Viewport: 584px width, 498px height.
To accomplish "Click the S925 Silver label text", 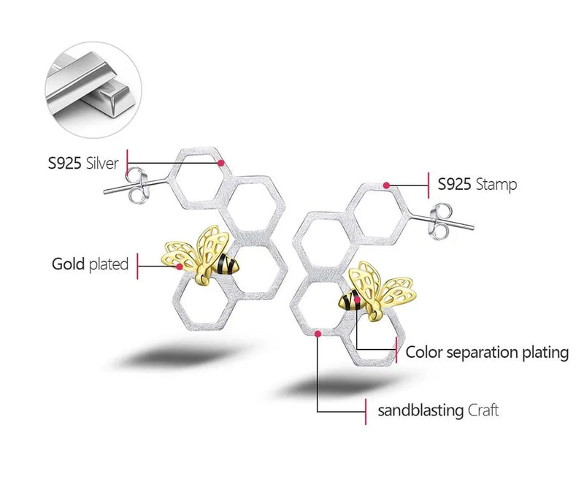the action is coord(83,163).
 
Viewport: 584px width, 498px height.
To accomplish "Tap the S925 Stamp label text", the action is coord(477,184).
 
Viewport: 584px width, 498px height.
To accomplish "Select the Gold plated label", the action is coord(90,264).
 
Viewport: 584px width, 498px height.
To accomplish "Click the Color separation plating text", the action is coord(487,352).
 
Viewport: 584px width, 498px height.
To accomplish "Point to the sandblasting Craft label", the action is coord(438,410).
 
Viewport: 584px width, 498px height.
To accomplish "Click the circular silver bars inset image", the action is coord(93,90).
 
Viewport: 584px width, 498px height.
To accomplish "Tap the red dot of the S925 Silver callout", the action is coord(221,163).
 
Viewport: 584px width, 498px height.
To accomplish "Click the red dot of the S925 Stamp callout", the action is coord(387,185).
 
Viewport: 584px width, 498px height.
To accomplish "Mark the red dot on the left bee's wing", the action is coord(180,267).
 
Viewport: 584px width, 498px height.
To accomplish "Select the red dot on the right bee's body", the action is coord(357,299).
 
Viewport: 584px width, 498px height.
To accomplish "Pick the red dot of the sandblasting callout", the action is coord(318,334).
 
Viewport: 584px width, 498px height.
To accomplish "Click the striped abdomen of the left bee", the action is coord(227,264).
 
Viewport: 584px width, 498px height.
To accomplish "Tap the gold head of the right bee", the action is coord(374,315).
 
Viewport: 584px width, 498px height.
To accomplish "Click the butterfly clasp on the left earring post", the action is coord(137,185).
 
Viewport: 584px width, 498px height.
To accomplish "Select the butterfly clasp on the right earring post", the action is coord(442,221).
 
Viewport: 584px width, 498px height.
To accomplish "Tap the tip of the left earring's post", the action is coord(104,192).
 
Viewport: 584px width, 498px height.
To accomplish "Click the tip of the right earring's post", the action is coord(472,227).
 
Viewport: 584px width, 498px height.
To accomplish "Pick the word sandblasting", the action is coord(420,410).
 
